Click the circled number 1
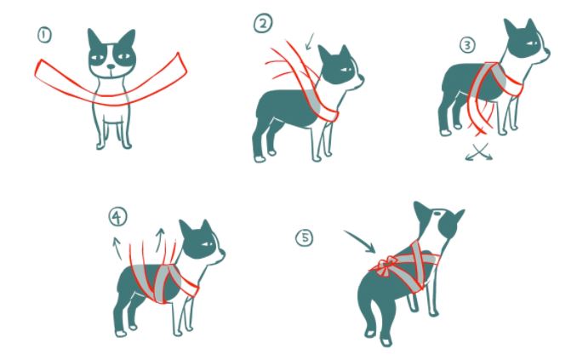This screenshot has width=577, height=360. [x=44, y=36]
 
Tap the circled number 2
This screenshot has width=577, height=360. [x=263, y=23]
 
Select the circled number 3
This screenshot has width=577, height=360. [x=467, y=45]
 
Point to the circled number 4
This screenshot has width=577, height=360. [x=117, y=217]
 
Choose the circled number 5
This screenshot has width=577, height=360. [x=305, y=237]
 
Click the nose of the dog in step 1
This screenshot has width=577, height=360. [x=111, y=66]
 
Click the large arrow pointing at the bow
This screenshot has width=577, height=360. [x=360, y=242]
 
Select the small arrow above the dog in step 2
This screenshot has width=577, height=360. [x=310, y=41]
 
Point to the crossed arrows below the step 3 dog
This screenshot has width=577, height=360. [x=478, y=151]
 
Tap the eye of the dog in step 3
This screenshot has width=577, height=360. [x=531, y=43]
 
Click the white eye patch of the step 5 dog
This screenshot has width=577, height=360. [x=437, y=213]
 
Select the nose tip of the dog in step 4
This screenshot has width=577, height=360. [x=223, y=254]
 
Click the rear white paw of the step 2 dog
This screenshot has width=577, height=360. [x=260, y=158]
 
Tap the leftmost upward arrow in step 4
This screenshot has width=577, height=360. [x=117, y=249]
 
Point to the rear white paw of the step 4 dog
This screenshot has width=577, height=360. [x=121, y=334]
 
